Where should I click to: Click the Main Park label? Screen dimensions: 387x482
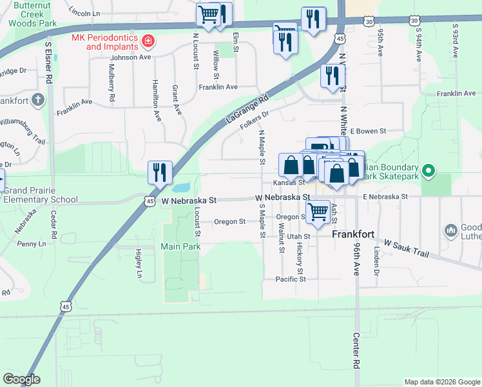tap(180, 246)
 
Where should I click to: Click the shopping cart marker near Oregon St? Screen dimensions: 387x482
tap(318, 211)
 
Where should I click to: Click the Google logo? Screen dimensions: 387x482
tap(21, 379)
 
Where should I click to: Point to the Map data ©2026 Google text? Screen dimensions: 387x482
tap(441, 382)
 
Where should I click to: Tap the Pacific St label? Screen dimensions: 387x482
tap(290, 279)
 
